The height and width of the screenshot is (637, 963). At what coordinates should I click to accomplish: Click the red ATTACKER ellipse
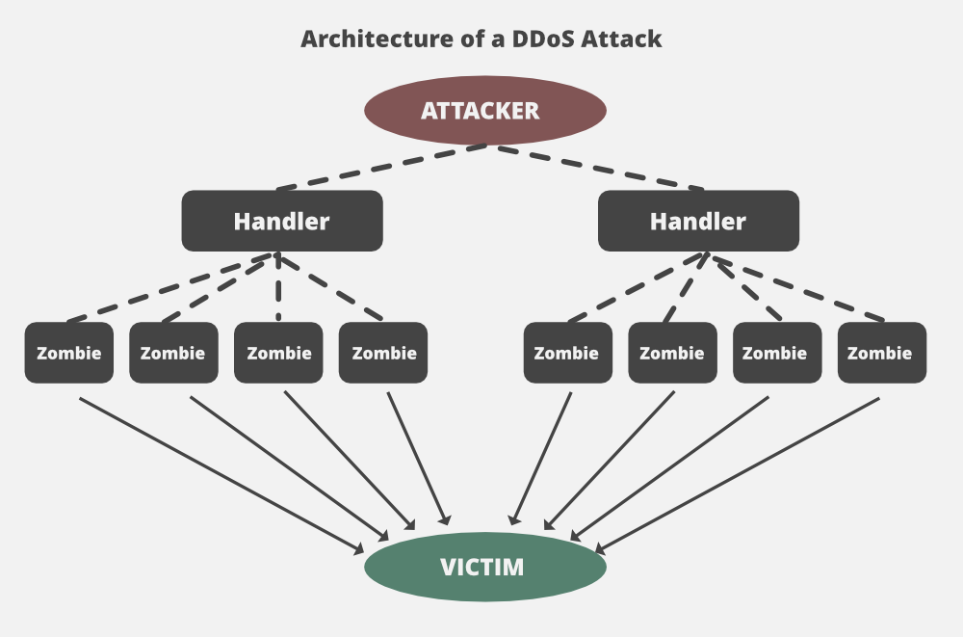pos(484,110)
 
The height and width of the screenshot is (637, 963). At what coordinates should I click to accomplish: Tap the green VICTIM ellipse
pos(484,567)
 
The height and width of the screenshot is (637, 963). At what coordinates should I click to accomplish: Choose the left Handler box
pos(282,221)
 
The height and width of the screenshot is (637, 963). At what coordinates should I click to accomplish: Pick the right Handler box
pos(698,221)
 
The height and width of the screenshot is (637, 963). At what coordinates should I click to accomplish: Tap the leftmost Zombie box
pos(68,353)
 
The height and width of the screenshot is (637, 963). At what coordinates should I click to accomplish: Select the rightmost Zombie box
pos(880,353)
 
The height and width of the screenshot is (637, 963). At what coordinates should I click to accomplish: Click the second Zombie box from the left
pos(173,353)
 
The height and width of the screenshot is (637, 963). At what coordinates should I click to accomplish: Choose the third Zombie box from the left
pos(278,353)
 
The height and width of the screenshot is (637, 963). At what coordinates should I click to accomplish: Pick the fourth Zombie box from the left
pos(383,353)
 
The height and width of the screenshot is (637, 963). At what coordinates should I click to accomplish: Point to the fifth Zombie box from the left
pos(567,353)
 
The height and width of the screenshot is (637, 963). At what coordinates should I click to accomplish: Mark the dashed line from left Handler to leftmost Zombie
pos(173,286)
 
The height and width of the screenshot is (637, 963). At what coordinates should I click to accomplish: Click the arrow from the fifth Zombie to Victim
pos(541,458)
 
